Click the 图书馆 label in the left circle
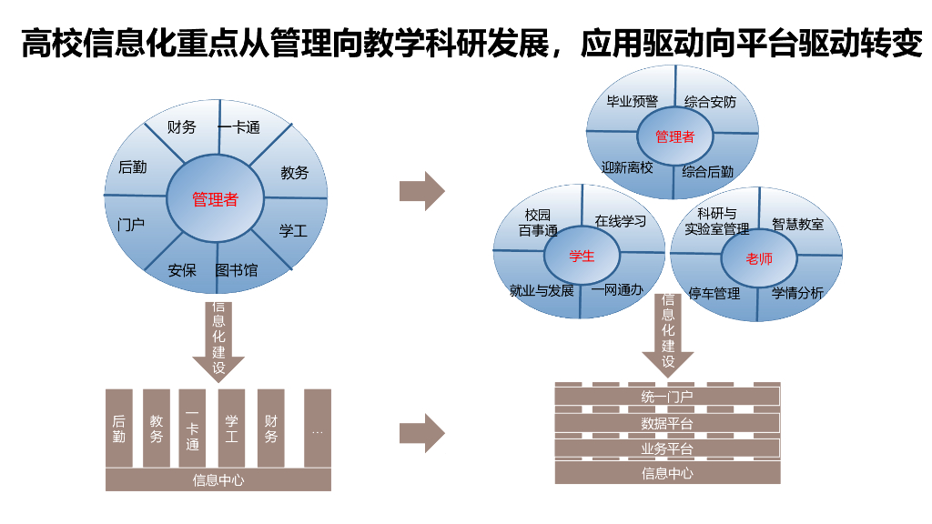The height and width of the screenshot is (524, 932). click(236, 270)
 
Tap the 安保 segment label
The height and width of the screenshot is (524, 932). click(182, 270)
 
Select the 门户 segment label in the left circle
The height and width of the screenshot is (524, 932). click(132, 224)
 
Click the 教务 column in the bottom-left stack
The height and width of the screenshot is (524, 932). click(157, 428)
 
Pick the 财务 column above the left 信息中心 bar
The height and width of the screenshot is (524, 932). click(270, 428)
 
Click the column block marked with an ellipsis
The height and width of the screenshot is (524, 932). click(317, 428)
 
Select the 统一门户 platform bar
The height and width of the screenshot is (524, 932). click(667, 397)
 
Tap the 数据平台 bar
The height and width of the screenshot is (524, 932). click(667, 423)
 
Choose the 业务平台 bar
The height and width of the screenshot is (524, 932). click(667, 448)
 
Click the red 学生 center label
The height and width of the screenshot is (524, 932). click(582, 256)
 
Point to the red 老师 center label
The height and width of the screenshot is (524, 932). click(758, 259)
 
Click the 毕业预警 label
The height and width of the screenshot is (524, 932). click(632, 102)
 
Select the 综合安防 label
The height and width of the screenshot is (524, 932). click(710, 102)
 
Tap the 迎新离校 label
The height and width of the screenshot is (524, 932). click(627, 168)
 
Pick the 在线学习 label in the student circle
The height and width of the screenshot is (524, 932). click(620, 221)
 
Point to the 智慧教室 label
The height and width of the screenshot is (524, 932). click(797, 223)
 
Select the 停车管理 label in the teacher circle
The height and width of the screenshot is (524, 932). click(714, 293)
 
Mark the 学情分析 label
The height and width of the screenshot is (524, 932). click(797, 293)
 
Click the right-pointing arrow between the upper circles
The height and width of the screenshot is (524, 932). click(421, 191)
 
